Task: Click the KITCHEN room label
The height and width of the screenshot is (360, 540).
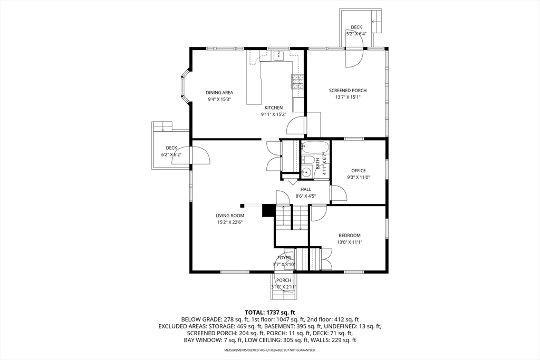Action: tap(274, 108)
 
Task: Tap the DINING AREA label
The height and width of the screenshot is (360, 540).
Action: tap(219, 93)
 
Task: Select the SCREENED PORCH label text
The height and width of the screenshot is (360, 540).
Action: tap(348, 91)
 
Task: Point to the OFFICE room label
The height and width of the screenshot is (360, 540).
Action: tap(359, 171)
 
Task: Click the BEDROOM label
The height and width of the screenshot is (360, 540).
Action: tap(350, 236)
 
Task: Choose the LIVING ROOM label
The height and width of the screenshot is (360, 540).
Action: tap(230, 216)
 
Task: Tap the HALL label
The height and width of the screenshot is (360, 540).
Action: tap(305, 189)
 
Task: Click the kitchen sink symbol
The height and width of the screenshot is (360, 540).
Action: tap(278, 55)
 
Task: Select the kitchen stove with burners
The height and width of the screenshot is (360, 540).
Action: tap(298, 82)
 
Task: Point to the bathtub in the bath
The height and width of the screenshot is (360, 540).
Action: tap(315, 147)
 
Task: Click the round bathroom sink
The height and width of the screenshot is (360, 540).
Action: tap(306, 172)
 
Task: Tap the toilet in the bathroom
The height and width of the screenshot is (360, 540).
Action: tap(307, 160)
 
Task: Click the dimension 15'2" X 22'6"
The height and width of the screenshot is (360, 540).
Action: tap(230, 222)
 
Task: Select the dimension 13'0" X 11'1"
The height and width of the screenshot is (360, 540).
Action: tap(350, 242)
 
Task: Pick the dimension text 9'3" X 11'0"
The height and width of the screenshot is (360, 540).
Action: tap(359, 178)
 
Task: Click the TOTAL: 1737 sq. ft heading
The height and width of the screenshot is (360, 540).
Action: tap(270, 313)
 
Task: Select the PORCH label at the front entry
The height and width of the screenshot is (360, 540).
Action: tap(284, 280)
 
